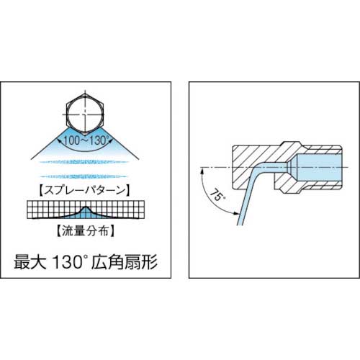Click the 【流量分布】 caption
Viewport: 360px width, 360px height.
[86, 230]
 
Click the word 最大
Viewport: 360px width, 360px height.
[30, 262]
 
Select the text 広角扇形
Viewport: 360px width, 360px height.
[125, 262]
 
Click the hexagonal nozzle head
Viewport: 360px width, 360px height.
[85, 114]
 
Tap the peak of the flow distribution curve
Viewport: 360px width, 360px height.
[86, 207]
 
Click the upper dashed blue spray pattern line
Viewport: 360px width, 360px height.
[84, 162]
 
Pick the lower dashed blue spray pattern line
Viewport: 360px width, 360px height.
[84, 176]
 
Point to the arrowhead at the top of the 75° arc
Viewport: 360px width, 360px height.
[203, 171]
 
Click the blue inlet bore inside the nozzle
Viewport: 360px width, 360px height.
[319, 168]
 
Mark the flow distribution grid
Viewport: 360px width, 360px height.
[86, 210]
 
